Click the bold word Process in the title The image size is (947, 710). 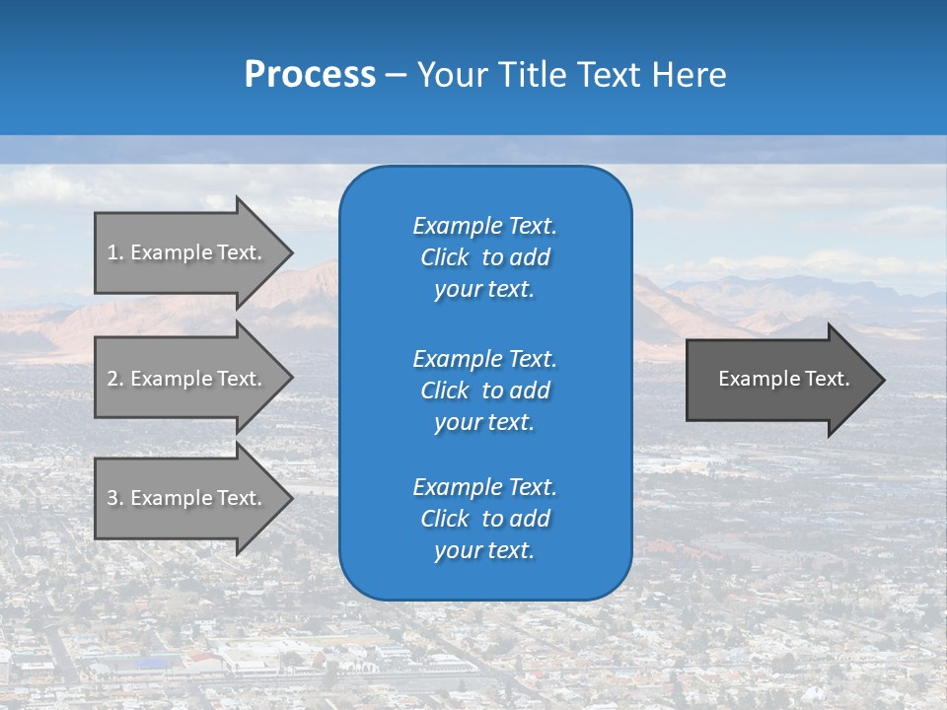[x=310, y=75]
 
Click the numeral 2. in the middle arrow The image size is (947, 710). [x=114, y=379]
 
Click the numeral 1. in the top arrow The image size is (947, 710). [x=114, y=252]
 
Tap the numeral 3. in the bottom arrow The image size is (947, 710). [x=114, y=498]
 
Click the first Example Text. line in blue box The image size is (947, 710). [x=484, y=226]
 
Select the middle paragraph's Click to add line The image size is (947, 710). [x=484, y=390]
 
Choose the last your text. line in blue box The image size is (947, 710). [x=484, y=551]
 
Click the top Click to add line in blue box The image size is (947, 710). [x=484, y=257]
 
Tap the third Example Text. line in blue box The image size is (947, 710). [x=484, y=487]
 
